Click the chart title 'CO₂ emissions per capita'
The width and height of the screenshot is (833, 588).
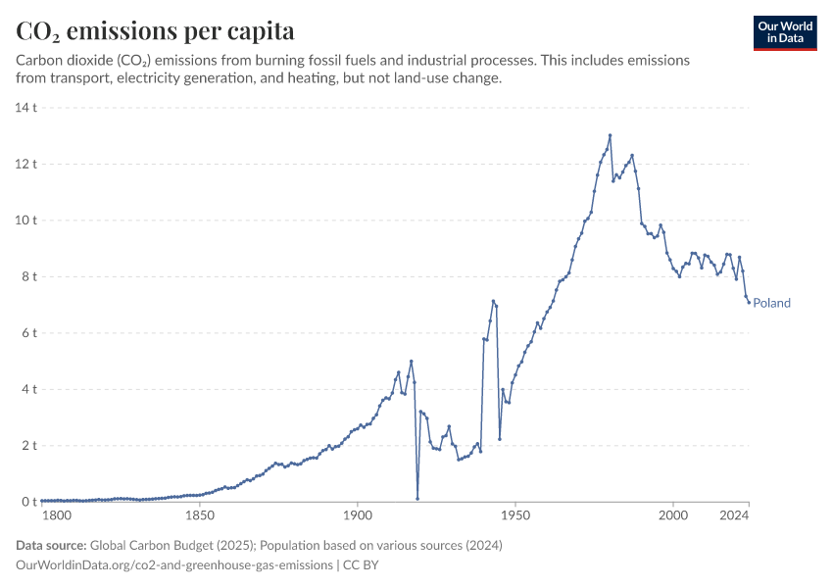(155, 31)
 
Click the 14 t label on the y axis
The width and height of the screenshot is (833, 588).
(26, 108)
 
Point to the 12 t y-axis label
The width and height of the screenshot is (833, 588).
(26, 164)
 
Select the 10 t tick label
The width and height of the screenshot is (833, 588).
(26, 220)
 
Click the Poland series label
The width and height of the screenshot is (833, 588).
(771, 303)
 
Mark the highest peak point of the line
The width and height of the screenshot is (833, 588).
(610, 135)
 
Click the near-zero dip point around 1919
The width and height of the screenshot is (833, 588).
(417, 499)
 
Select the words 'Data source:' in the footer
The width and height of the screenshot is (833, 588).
(51, 545)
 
